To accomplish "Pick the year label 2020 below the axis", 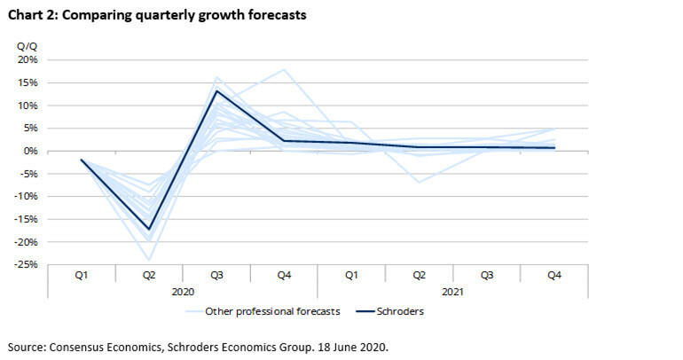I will pyautogui.click(x=183, y=290).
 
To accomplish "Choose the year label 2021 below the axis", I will pyautogui.click(x=452, y=290).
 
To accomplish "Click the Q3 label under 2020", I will pyautogui.click(x=216, y=276).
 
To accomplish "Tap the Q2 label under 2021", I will pyautogui.click(x=419, y=276).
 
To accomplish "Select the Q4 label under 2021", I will pyautogui.click(x=553, y=276).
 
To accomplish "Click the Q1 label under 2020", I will pyautogui.click(x=82, y=276).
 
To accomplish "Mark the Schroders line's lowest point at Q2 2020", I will pyautogui.click(x=149, y=230).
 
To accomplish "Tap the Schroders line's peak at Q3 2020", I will pyautogui.click(x=216, y=90).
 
